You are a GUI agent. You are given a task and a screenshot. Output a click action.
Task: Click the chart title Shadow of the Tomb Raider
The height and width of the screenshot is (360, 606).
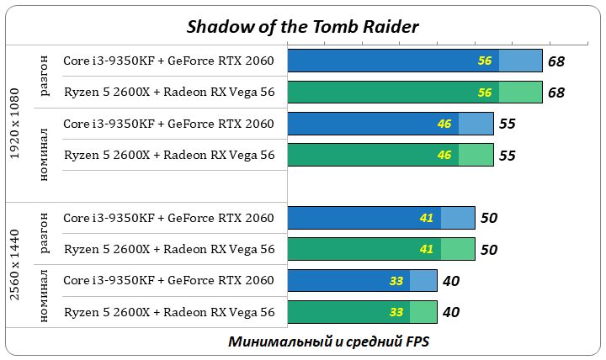coord(302,26)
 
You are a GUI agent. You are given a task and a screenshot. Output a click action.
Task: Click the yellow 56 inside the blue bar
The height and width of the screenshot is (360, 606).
coord(485,61)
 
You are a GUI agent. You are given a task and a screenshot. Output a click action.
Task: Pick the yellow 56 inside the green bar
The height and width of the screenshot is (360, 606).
coord(485,93)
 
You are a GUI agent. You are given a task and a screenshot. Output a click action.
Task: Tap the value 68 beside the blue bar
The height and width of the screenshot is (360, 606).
coord(555,61)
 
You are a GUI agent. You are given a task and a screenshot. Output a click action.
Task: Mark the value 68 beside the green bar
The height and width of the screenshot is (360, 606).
coord(555,93)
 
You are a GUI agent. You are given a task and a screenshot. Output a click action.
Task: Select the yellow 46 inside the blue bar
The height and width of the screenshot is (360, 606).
coord(444,124)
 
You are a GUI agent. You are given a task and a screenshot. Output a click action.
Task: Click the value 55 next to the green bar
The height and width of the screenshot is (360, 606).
coord(507,156)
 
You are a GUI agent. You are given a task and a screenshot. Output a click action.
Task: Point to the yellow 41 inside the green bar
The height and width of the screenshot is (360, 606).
coord(426,249)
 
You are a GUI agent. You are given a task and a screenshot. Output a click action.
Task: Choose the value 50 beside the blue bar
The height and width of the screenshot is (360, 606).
coord(489,218)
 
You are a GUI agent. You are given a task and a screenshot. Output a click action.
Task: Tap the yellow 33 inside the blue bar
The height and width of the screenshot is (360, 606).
coord(396,281)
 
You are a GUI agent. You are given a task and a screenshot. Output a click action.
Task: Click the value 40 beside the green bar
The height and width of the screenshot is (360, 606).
coord(451,312)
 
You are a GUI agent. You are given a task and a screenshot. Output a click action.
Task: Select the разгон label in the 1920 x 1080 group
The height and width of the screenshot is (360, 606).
coord(44,77)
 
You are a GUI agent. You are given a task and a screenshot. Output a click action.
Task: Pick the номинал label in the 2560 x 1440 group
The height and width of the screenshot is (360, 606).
coord(44,296)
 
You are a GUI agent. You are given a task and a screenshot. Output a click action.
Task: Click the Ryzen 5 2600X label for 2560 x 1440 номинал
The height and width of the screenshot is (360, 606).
coord(169,312)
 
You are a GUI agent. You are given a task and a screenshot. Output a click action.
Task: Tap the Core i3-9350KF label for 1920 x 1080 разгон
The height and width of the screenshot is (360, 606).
coord(169,61)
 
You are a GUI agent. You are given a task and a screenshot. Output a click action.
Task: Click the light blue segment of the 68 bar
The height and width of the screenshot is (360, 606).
coord(520,61)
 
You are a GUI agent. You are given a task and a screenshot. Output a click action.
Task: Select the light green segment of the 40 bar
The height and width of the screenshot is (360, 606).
coord(423,312)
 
